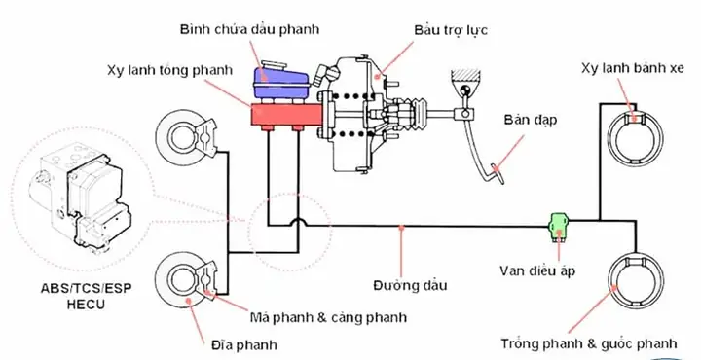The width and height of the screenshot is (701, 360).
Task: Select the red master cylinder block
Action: (x=286, y=114)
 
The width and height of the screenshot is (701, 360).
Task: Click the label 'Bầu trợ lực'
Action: (x=451, y=31)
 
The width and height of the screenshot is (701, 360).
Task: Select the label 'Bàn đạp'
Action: (x=526, y=122)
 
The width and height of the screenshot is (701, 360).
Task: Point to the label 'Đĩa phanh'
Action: (x=243, y=343)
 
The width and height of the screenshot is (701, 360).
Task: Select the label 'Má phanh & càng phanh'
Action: (x=326, y=317)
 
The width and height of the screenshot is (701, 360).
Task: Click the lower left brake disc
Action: (x=180, y=281)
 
